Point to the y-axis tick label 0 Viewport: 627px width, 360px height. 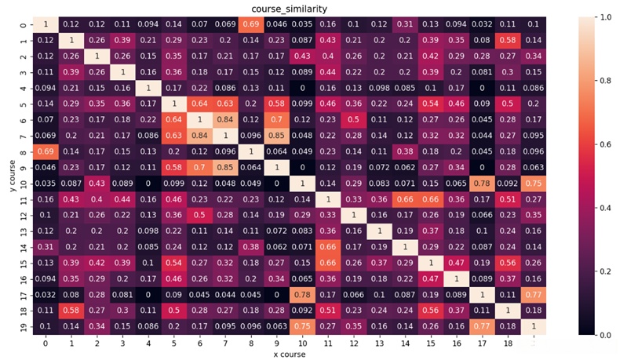tap(22, 26)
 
